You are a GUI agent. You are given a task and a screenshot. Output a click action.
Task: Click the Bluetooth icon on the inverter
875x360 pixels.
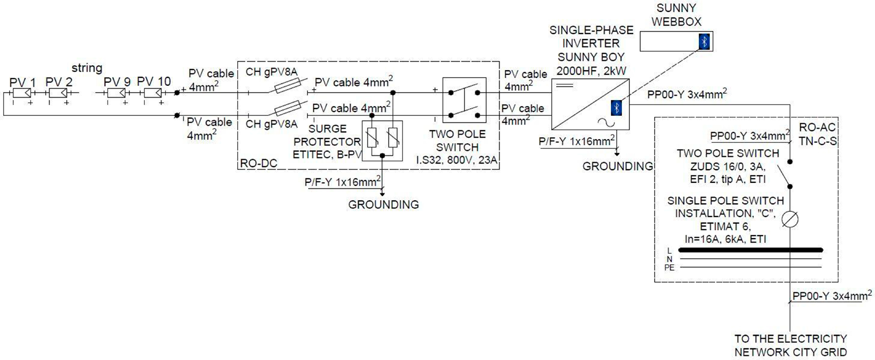click(x=616, y=108)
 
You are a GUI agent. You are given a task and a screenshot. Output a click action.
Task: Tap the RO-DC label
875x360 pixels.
click(x=259, y=163)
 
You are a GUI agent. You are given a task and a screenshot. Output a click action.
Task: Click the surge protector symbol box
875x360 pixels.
click(x=382, y=140)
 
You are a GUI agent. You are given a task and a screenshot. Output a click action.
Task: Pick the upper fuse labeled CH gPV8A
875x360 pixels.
click(x=287, y=85)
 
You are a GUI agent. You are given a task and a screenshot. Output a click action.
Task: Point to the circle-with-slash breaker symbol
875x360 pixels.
click(x=790, y=219)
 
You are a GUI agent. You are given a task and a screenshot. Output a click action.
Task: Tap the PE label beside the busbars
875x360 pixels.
click(x=669, y=268)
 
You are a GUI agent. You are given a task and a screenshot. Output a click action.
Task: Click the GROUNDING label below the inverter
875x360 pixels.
click(x=618, y=166)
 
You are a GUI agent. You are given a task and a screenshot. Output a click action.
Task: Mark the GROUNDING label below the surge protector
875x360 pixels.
click(x=383, y=204)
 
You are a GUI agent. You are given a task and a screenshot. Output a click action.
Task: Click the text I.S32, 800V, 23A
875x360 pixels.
click(x=457, y=160)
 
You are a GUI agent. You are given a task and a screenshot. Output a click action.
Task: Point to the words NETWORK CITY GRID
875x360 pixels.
click(x=790, y=352)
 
